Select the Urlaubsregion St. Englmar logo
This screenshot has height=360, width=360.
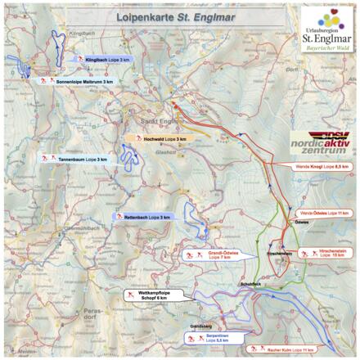pos(328,29)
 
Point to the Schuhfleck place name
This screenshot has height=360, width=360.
pos(250,283)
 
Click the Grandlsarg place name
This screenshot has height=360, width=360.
pos(200,326)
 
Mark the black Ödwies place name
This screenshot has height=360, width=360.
pos(301,223)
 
